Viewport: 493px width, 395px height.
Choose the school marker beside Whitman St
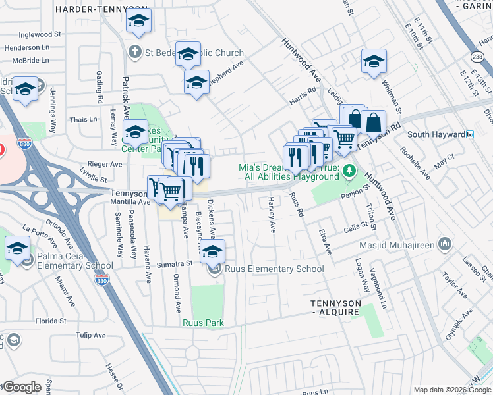374,62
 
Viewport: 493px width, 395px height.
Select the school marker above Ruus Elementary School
212,251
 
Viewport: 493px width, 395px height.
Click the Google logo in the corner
22,386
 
